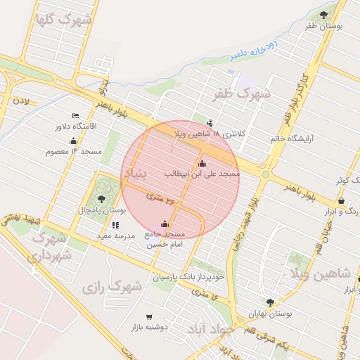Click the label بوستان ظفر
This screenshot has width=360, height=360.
323,27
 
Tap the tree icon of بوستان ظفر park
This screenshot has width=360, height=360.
323,14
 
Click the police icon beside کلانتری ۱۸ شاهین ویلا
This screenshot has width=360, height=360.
210,124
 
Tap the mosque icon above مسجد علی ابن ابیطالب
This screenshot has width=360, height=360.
202,164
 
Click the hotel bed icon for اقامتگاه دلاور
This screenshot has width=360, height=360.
75,116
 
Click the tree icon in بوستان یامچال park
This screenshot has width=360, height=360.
103,199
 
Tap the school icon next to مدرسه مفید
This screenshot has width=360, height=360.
116,226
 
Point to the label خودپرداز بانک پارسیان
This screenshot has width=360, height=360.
190,277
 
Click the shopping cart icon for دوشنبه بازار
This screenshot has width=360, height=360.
148,317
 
